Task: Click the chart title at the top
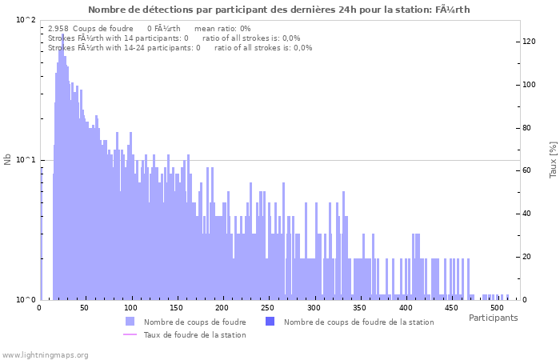click(279, 10)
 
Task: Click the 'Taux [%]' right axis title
click(552, 159)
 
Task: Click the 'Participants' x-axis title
click(493, 318)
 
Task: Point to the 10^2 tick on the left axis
click(26, 20)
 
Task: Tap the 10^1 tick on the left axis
click(26, 160)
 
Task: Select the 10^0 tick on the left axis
click(26, 300)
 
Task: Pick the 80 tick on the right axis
click(528, 128)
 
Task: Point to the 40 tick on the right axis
click(528, 214)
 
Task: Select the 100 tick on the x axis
click(131, 308)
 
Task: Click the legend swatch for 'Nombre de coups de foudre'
click(130, 322)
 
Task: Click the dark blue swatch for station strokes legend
click(270, 322)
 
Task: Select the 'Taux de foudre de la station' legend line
click(130, 334)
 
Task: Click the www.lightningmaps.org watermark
click(45, 354)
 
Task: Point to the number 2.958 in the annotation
click(58, 29)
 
